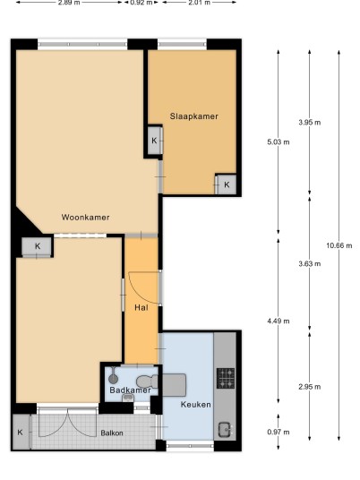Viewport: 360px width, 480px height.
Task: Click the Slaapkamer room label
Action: pos(194,116)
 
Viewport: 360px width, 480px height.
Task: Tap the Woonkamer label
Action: pos(85,218)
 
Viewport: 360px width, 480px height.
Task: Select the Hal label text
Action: pos(141,307)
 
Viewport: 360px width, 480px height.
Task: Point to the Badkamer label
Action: pos(130,390)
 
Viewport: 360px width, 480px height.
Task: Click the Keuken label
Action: pos(195,405)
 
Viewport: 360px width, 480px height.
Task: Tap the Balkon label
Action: pos(112,433)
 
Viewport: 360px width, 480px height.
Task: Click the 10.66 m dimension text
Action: pos(339,245)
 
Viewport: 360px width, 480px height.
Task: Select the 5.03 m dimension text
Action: pos(279,142)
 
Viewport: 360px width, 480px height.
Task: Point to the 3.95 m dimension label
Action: pos(310,123)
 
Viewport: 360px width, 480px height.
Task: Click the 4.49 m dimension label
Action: pos(279,321)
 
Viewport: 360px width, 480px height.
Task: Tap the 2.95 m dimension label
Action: pos(310,387)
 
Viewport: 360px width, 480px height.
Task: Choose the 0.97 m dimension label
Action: pos(279,433)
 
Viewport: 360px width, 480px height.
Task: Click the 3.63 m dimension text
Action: pos(310,263)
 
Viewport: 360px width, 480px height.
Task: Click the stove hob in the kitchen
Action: pos(226,379)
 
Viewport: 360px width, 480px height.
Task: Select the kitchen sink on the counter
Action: pos(225,430)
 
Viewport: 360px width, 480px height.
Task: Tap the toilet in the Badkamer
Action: pos(147,381)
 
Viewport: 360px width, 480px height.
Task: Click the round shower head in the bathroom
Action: pos(113,379)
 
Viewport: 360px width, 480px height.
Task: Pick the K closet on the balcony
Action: pos(21,432)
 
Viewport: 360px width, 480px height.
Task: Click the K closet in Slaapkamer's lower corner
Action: pos(227,184)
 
